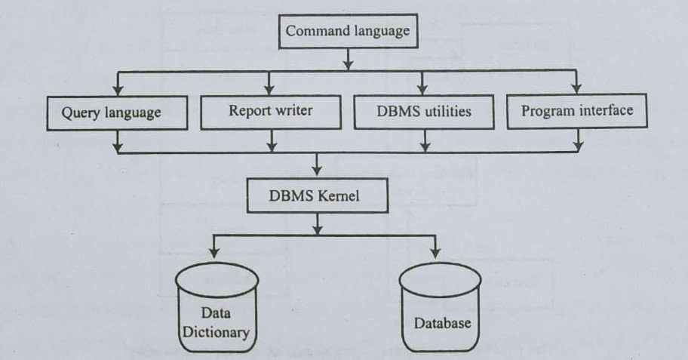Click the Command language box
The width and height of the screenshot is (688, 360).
pyautogui.click(x=348, y=32)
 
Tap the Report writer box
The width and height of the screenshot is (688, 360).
pyautogui.click(x=270, y=111)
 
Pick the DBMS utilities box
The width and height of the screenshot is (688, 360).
pyautogui.click(x=424, y=112)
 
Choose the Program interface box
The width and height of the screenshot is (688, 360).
pyautogui.click(x=577, y=111)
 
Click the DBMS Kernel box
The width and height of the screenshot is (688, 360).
pyautogui.click(x=318, y=196)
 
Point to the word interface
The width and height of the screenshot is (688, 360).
pyautogui.click(x=604, y=111)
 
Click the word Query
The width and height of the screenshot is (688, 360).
pyautogui.click(x=81, y=114)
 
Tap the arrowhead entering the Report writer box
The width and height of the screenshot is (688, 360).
pyautogui.click(x=270, y=91)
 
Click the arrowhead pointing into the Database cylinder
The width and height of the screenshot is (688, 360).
pyautogui.click(x=435, y=257)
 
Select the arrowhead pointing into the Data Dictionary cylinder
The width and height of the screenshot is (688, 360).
pyautogui.click(x=214, y=257)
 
